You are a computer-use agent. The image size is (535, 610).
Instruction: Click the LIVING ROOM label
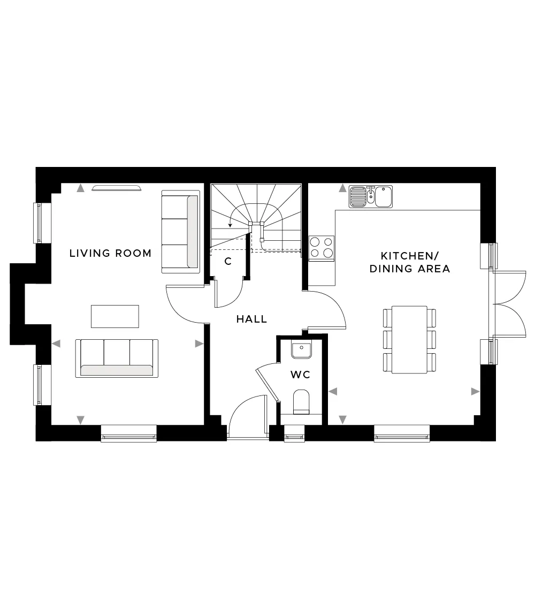pos(110,253)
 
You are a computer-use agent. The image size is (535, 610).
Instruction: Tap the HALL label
pos(252,319)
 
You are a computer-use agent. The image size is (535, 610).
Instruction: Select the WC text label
pos(300,375)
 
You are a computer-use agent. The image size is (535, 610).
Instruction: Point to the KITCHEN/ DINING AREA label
pos(410,262)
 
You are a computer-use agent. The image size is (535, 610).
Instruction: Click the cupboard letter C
pos(228,262)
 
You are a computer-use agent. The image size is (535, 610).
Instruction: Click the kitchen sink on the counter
pos(370,196)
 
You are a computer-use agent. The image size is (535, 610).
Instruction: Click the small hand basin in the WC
pos(301,350)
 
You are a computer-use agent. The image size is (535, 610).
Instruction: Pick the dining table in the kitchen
pos(409,340)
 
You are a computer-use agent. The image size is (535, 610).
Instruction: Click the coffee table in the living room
pos(115,316)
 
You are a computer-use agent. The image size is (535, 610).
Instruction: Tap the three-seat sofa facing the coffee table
pos(117,358)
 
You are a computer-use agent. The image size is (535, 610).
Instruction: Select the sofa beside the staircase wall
pos(180,232)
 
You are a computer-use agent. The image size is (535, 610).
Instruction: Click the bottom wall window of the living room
pos(129,433)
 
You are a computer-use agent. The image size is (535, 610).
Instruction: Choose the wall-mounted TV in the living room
pos(117,189)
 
